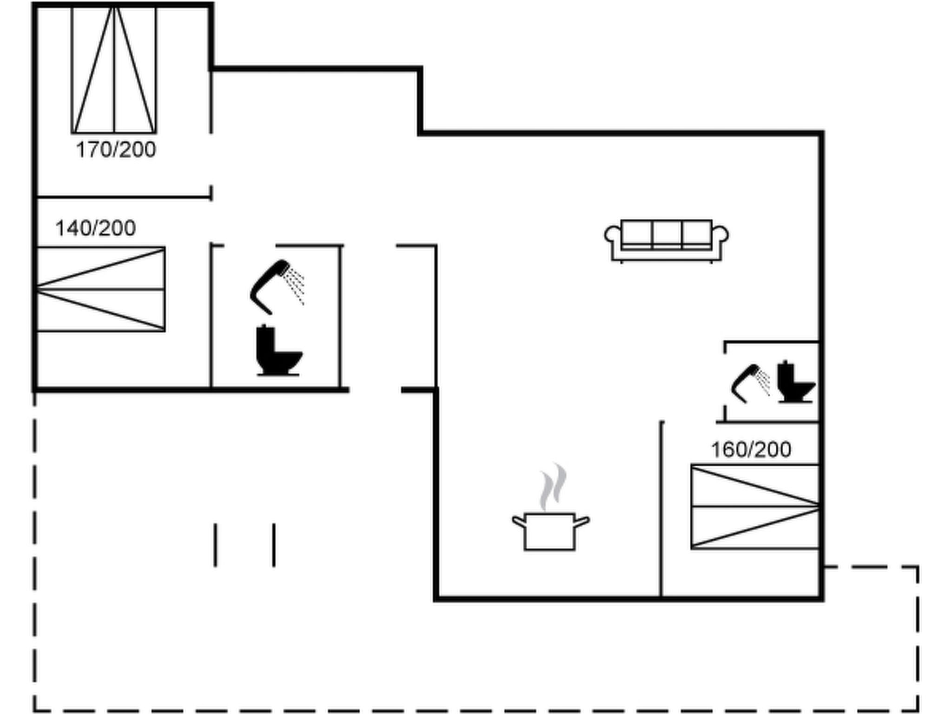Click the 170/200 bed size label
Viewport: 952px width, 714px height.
point(116,150)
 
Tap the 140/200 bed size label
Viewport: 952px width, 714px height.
point(95,228)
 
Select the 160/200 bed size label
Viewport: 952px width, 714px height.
point(751,450)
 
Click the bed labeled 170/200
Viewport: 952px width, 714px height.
point(114,70)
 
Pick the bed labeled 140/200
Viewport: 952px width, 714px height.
point(100,289)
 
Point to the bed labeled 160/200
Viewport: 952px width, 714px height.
point(755,507)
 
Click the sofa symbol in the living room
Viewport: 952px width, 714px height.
point(666,240)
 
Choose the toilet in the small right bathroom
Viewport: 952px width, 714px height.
point(794,382)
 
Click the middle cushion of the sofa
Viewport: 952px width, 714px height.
point(667,232)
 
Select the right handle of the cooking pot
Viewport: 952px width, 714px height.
point(582,521)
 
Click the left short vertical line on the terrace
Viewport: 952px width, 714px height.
point(215,545)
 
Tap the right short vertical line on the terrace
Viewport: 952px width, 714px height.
point(274,545)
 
